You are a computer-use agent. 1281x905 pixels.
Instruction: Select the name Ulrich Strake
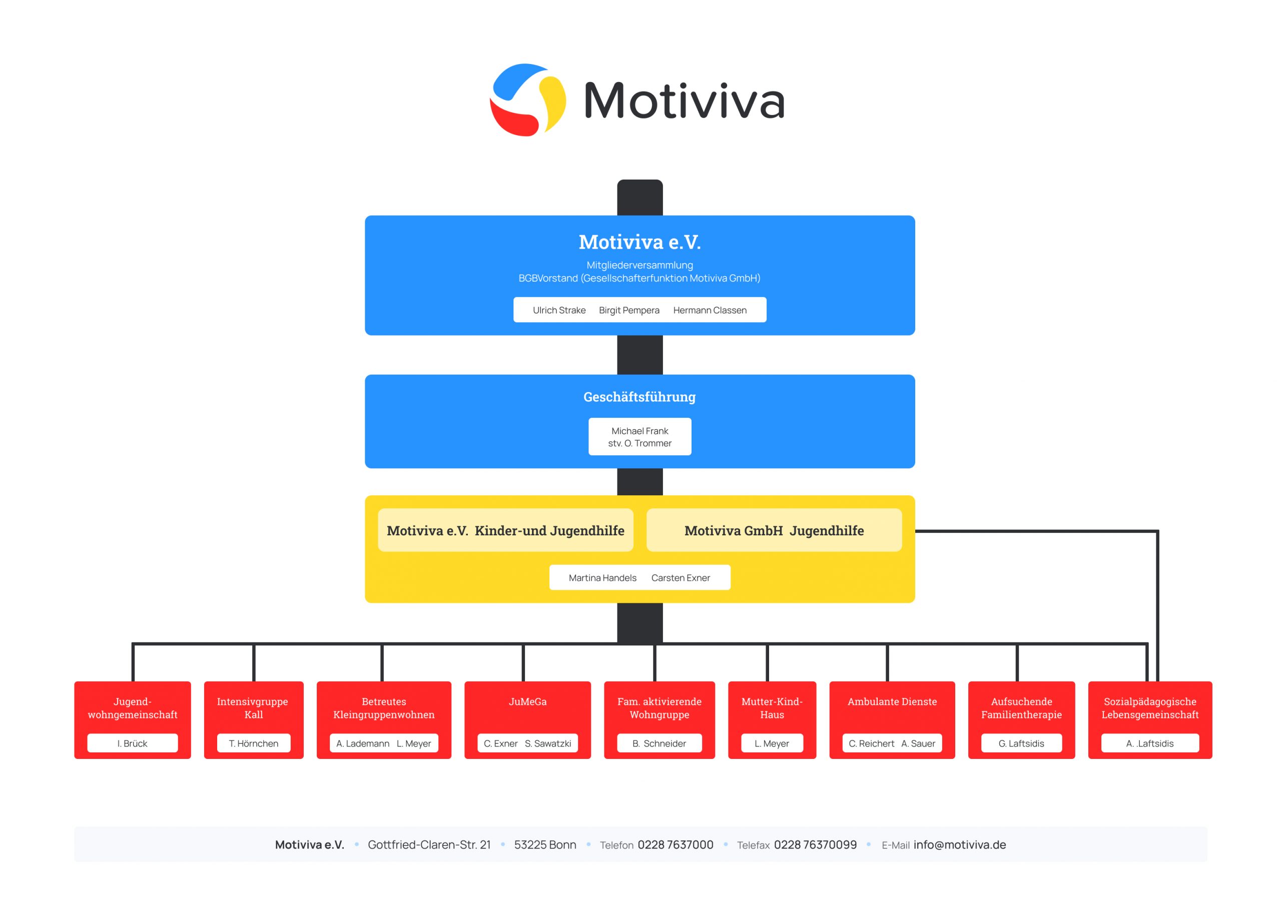[x=559, y=310]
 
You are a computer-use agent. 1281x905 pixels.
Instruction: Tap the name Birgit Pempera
[x=629, y=310]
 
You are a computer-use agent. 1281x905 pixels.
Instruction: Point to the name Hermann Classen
[x=710, y=310]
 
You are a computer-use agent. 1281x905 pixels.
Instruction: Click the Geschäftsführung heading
[x=639, y=397]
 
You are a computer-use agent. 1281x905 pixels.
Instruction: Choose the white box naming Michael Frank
[x=639, y=437]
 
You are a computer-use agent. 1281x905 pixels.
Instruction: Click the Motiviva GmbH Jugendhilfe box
[x=774, y=531]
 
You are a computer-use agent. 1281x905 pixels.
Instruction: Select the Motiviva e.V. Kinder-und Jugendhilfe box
[x=505, y=531]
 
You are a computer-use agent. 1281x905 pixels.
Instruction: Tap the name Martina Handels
[x=602, y=578]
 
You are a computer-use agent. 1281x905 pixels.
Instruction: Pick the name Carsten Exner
[x=681, y=578]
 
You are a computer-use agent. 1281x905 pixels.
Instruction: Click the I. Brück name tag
[x=132, y=743]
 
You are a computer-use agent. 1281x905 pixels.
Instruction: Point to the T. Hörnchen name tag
[x=253, y=743]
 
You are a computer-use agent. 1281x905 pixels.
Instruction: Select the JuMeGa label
[x=527, y=701]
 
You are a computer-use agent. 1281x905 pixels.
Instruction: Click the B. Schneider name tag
[x=659, y=743]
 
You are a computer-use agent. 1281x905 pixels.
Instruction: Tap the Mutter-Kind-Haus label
[x=772, y=707]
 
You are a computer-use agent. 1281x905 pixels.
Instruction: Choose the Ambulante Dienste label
[x=892, y=701]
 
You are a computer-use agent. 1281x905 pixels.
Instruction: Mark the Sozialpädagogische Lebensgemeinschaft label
[x=1150, y=707]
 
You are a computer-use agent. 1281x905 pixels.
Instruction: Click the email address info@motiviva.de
[x=960, y=845]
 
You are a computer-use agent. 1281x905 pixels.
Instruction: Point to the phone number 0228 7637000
[x=675, y=845]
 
